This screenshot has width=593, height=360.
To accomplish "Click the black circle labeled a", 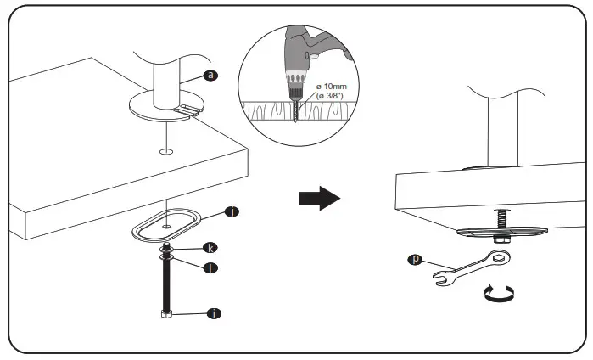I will (x=210, y=76).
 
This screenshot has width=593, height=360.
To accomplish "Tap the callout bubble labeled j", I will (x=231, y=211).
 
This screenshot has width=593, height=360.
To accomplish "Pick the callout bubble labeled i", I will (x=214, y=314).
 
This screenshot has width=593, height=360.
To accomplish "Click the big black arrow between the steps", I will (x=319, y=198).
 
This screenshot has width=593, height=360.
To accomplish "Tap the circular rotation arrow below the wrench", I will (x=499, y=294).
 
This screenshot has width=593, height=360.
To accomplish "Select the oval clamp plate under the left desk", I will (x=166, y=228).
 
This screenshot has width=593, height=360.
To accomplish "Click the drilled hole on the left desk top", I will (x=165, y=152).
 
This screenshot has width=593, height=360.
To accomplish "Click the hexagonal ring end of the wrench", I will (x=501, y=257).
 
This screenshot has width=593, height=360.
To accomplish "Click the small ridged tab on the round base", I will (x=188, y=109).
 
